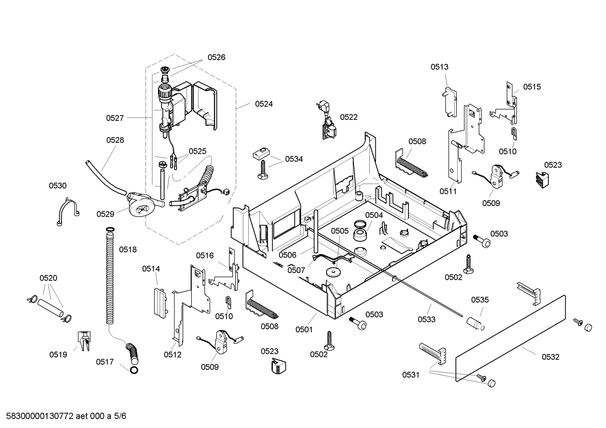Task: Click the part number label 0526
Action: tap(216, 57)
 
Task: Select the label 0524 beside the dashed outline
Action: tap(264, 104)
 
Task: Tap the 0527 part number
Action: tap(115, 118)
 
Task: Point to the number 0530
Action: tap(58, 186)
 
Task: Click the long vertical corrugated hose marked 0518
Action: tap(110, 276)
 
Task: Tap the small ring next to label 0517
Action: tap(134, 370)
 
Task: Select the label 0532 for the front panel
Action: tap(550, 357)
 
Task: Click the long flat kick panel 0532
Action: tap(511, 339)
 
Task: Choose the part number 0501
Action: tap(304, 330)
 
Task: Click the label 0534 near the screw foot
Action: tap(294, 159)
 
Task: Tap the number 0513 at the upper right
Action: tap(439, 67)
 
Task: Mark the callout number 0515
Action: tap(532, 87)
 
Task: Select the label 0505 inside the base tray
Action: tap(340, 231)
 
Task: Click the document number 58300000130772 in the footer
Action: tap(40, 416)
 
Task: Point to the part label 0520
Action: tap(48, 278)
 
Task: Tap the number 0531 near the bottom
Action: tap(411, 375)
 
